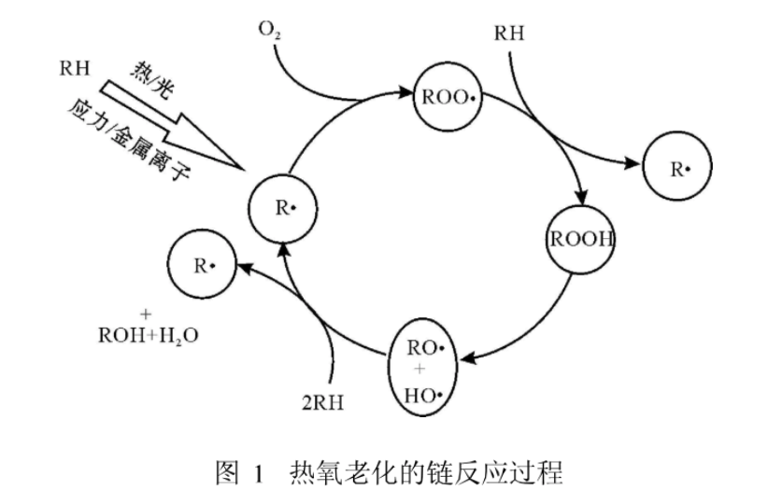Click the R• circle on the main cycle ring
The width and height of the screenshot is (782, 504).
click(x=286, y=207)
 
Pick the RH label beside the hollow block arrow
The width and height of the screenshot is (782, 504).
click(x=74, y=68)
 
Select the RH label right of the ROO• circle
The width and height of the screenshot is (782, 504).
click(x=509, y=35)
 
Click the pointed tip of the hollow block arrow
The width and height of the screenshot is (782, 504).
click(x=245, y=169)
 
